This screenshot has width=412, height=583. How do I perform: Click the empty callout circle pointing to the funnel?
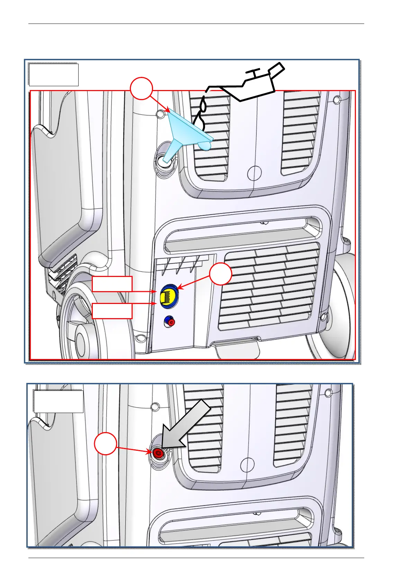point(141,89)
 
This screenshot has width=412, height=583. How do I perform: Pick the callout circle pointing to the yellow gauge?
point(221,274)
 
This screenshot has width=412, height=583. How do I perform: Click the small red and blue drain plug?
point(169,322)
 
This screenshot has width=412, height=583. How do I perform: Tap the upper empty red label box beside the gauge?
point(112,284)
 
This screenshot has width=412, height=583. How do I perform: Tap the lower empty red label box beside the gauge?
point(112,311)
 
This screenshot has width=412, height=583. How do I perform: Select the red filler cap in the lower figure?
point(159,453)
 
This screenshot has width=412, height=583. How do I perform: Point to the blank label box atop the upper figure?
point(54,74)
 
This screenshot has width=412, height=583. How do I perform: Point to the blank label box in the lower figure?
point(59,402)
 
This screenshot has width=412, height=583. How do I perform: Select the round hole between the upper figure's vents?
point(255,172)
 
